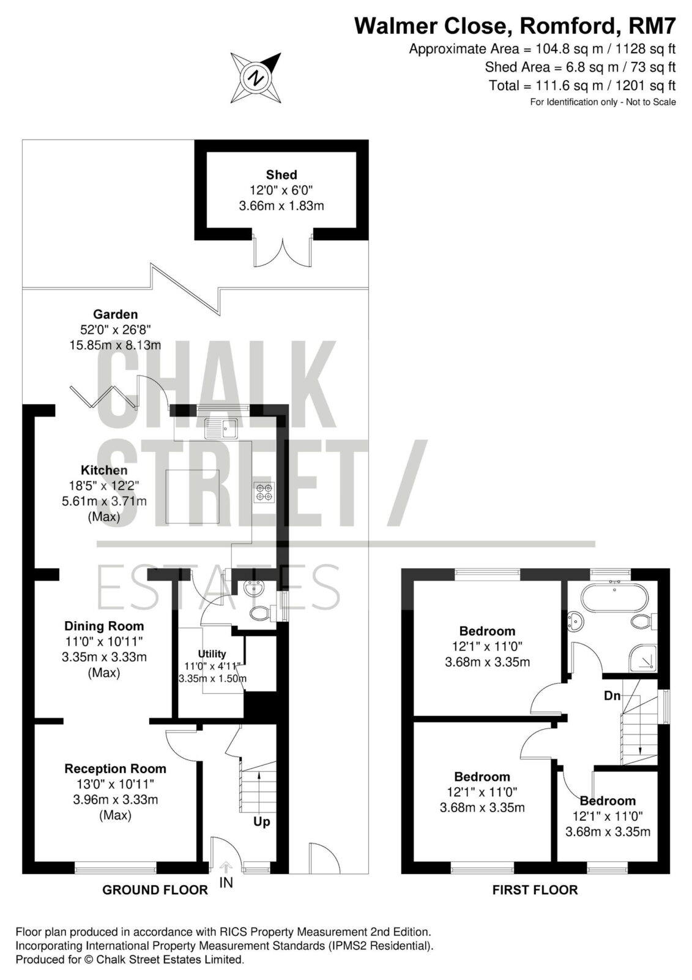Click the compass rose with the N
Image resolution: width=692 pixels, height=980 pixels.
coord(256,78)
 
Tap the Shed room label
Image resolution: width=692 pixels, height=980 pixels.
coord(281,175)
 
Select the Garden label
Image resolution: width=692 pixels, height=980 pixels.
coord(116,314)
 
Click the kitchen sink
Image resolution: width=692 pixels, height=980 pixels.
coord(221,428)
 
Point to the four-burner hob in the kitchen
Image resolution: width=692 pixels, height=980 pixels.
coord(264,491)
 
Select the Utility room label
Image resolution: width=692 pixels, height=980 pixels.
coord(212,654)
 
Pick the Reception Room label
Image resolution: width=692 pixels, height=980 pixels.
coord(116,769)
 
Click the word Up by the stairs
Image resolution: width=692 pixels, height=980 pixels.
coord(262,821)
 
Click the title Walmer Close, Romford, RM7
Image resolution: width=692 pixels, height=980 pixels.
coord(515,26)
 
